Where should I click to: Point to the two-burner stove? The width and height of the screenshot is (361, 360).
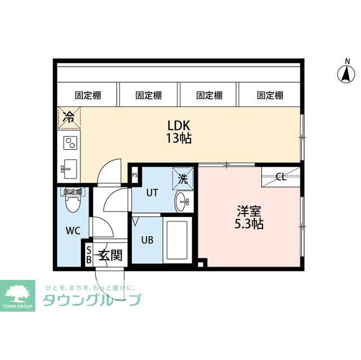tap(69, 142)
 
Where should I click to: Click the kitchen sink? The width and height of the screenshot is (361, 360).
tap(68, 166)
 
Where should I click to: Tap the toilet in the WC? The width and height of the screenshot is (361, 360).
tap(72, 205)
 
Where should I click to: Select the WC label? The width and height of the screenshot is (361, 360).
tap(73, 230)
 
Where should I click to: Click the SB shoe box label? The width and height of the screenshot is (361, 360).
tap(89, 255)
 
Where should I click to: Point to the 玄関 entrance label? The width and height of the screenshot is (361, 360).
tap(111, 255)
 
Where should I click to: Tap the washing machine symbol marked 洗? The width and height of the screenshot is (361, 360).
tap(183, 179)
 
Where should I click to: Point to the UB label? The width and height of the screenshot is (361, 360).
tap(147, 239)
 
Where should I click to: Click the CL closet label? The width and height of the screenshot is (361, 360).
tap(280, 176)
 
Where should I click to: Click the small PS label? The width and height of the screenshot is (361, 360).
tap(135, 175)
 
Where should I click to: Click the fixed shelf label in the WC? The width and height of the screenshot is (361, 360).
tap(72, 192)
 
